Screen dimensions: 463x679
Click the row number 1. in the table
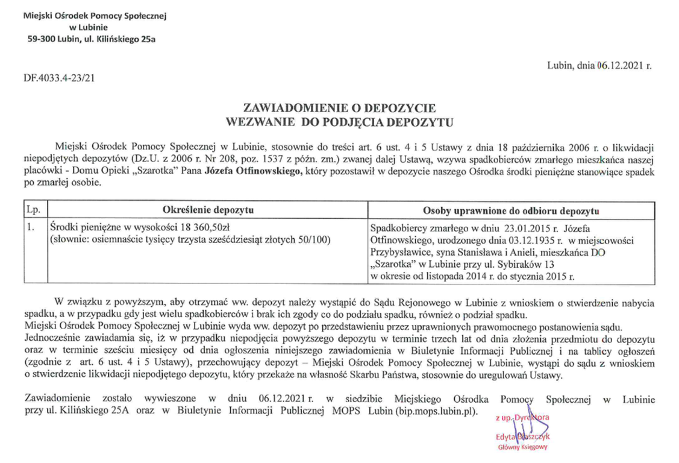pyautogui.click(x=28, y=227)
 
